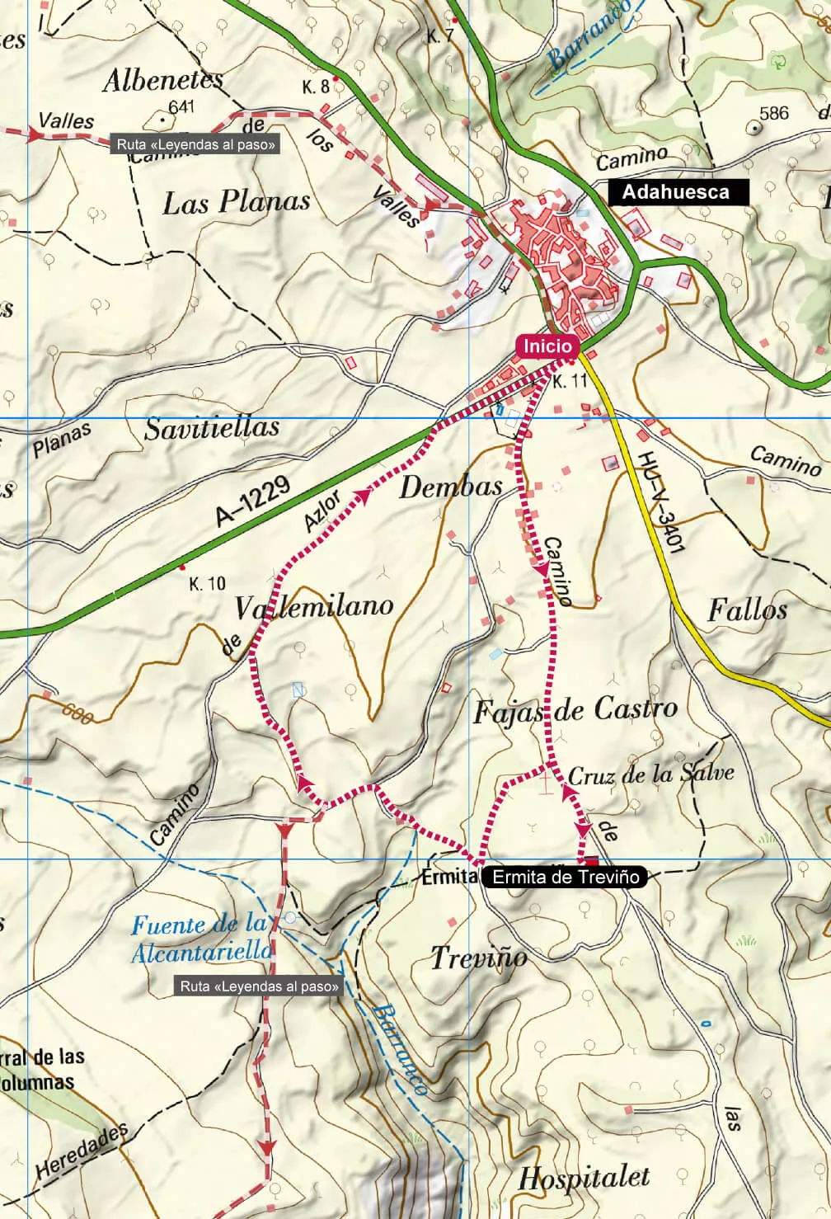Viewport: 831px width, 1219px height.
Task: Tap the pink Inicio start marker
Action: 544,346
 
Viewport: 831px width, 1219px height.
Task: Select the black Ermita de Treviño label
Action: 565,877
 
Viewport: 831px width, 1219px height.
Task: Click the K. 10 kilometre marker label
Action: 207,584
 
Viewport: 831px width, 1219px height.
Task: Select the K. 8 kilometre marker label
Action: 315,87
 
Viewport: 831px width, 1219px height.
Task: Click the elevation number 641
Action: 181,106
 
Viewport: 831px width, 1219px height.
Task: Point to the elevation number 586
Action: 773,113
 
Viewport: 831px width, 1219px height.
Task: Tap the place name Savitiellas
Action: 212,428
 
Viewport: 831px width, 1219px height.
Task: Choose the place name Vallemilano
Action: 314,607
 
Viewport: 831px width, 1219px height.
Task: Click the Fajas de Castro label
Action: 575,710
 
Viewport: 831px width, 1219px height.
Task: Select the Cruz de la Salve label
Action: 650,774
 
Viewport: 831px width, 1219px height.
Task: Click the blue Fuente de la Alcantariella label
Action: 201,938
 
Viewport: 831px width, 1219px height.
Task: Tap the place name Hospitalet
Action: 584,1178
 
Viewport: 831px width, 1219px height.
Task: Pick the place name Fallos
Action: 747,610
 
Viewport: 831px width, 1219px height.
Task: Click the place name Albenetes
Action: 162,80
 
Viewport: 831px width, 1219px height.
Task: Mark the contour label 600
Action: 77,712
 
